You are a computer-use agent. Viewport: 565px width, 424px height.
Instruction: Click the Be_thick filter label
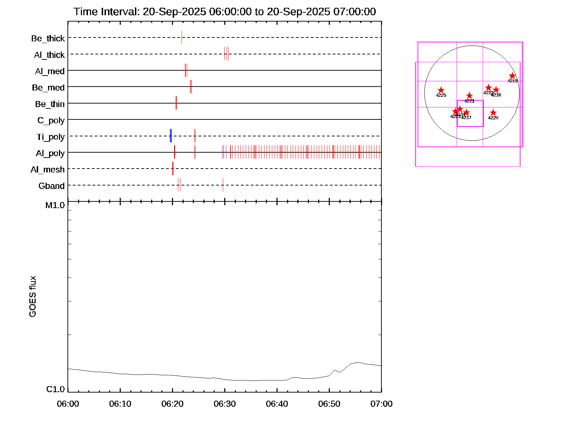pyautogui.click(x=48, y=38)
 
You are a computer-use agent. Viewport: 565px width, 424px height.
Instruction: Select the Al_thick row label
pyautogui.click(x=49, y=55)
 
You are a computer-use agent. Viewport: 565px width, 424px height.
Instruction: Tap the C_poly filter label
pyautogui.click(x=51, y=120)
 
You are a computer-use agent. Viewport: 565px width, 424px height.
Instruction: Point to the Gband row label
pyautogui.click(x=52, y=186)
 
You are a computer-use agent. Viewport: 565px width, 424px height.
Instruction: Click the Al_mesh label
pyautogui.click(x=48, y=170)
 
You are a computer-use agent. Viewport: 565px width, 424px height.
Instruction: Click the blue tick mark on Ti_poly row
pyautogui.click(x=171, y=136)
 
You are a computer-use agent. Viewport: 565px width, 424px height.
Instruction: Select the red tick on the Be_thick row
pyautogui.click(x=182, y=37)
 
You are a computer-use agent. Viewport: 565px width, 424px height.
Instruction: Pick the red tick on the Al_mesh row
pyautogui.click(x=173, y=169)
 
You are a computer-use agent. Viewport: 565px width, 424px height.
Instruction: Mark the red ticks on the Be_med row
pyautogui.click(x=191, y=87)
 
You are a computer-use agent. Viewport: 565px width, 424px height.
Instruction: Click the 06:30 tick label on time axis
pyautogui.click(x=225, y=404)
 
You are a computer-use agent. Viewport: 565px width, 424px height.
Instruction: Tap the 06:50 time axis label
pyautogui.click(x=329, y=404)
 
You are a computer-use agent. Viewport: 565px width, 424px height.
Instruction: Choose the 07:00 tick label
pyautogui.click(x=381, y=404)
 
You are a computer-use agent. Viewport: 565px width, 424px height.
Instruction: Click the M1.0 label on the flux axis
pyautogui.click(x=55, y=205)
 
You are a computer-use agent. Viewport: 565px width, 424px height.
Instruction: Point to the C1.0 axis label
pyautogui.click(x=55, y=389)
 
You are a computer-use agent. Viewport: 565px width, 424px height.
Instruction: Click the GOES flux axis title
pyautogui.click(x=32, y=296)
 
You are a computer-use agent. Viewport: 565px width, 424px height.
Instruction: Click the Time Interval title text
pyautogui.click(x=225, y=12)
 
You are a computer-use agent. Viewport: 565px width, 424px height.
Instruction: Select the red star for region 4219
pyautogui.click(x=512, y=76)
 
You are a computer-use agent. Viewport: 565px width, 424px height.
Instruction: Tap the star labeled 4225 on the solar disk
pyautogui.click(x=441, y=90)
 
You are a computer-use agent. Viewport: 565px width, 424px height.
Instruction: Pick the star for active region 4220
pyautogui.click(x=493, y=113)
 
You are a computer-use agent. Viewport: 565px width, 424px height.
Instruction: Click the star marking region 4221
pyautogui.click(x=469, y=96)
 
